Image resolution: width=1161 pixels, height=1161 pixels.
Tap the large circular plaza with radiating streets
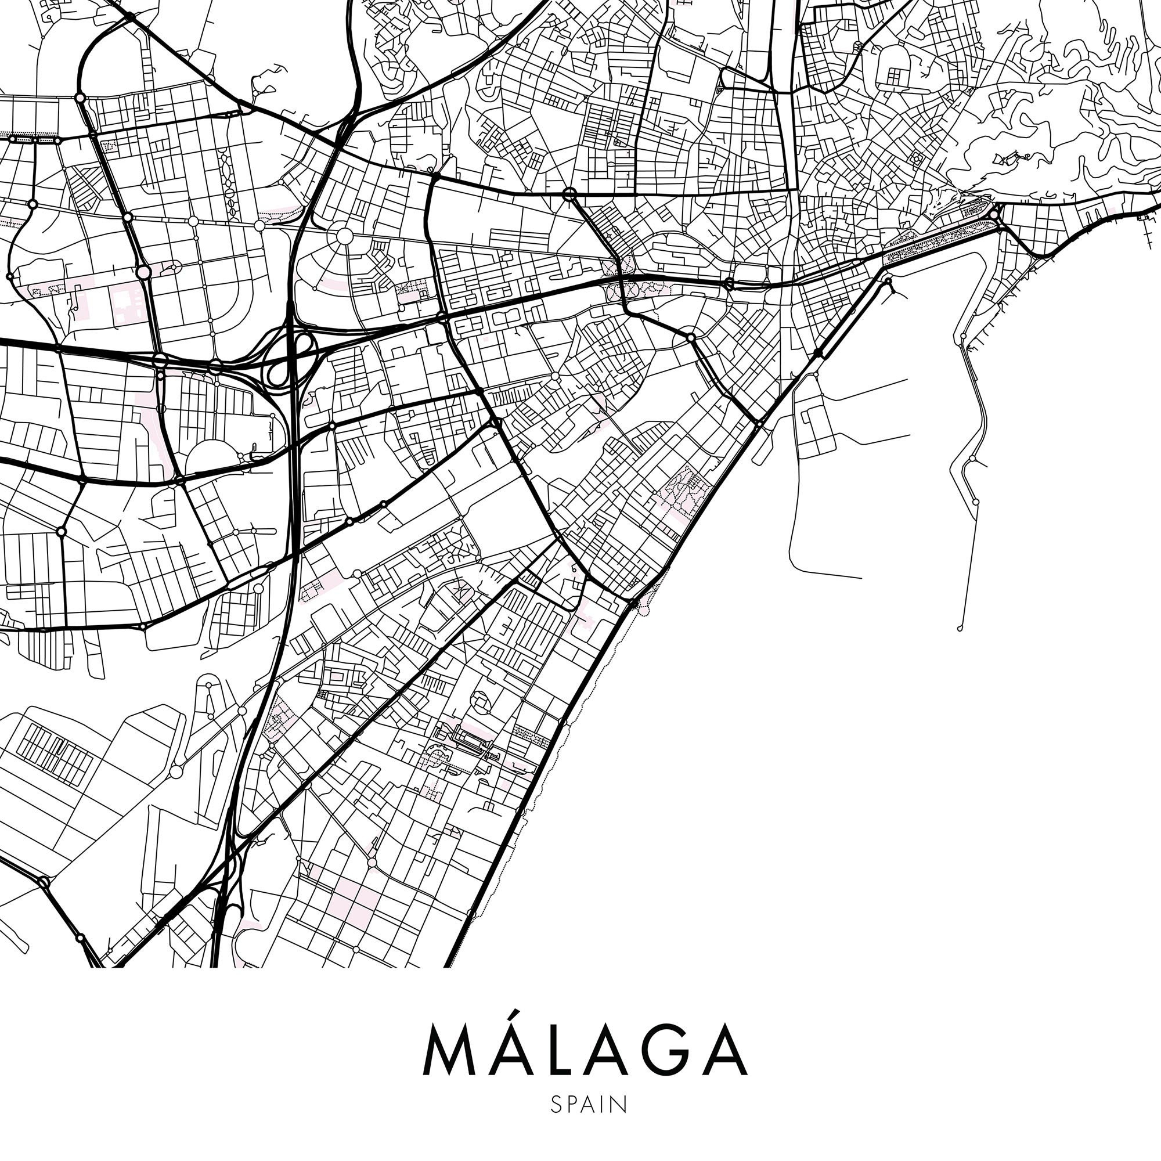[x=344, y=236]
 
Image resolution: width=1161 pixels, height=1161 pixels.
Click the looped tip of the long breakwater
[x=960, y=629]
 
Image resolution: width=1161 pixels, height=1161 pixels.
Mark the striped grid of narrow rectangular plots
[x=54, y=755]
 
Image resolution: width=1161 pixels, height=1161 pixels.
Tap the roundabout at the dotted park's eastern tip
[x=994, y=215]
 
